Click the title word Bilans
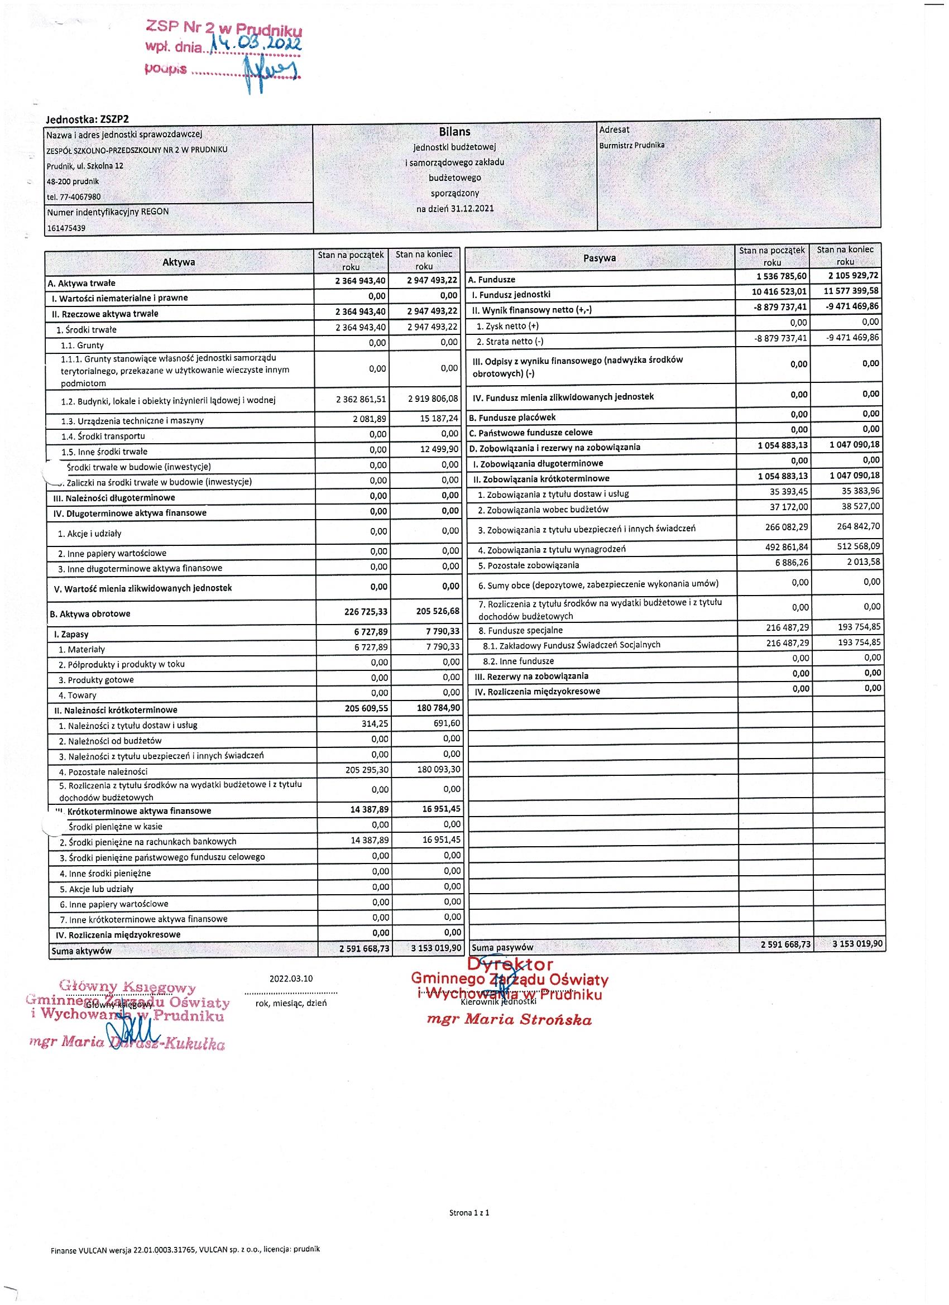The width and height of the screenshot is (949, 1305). pyautogui.click(x=454, y=132)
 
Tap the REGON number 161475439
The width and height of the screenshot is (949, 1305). pyautogui.click(x=66, y=228)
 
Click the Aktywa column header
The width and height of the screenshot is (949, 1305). pyautogui.click(x=179, y=262)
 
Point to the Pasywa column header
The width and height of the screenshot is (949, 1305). pyautogui.click(x=599, y=258)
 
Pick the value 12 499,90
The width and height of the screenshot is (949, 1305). pyautogui.click(x=439, y=449)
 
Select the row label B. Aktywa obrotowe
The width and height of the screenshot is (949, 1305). pyautogui.click(x=90, y=614)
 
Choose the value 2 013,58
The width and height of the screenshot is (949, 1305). pyautogui.click(x=862, y=562)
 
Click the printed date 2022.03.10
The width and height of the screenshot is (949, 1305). pyautogui.click(x=291, y=978)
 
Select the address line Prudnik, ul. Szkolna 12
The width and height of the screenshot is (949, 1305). pyautogui.click(x=85, y=166)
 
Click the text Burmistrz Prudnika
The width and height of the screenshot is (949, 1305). pyautogui.click(x=631, y=145)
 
